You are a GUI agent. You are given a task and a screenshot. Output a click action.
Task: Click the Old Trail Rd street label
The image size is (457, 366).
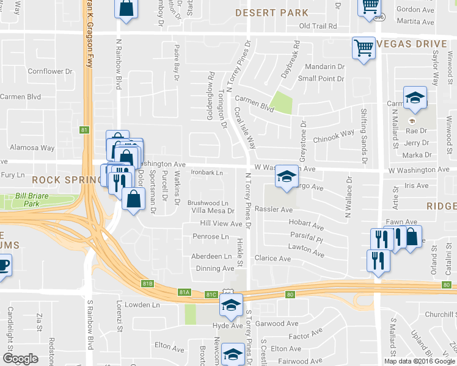tap(318, 26)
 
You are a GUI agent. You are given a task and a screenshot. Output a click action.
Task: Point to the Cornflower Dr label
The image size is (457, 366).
tap(49, 71)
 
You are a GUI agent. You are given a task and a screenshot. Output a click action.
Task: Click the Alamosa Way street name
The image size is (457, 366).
tap(32, 148)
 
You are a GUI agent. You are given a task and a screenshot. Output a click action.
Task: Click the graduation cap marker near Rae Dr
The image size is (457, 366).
tap(414, 98)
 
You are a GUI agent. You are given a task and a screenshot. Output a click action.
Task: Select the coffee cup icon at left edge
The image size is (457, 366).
tap(3, 266)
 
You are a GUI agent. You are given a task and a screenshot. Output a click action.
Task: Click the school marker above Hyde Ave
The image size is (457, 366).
tap(231, 305)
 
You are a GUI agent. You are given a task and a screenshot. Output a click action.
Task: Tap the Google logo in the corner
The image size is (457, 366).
tap(20, 359)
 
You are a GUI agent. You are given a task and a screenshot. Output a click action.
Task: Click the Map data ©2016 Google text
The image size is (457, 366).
tap(419, 361)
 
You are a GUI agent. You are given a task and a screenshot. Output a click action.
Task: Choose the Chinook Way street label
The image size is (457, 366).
tap(334, 134)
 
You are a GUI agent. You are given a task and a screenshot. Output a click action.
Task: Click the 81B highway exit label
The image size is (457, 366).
tap(147, 284)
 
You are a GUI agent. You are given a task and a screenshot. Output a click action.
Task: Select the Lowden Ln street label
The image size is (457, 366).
tap(142, 304)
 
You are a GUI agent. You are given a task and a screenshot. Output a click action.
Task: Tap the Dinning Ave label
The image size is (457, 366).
tap(215, 268)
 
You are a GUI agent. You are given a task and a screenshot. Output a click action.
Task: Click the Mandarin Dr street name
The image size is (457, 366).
tap(321, 66)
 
